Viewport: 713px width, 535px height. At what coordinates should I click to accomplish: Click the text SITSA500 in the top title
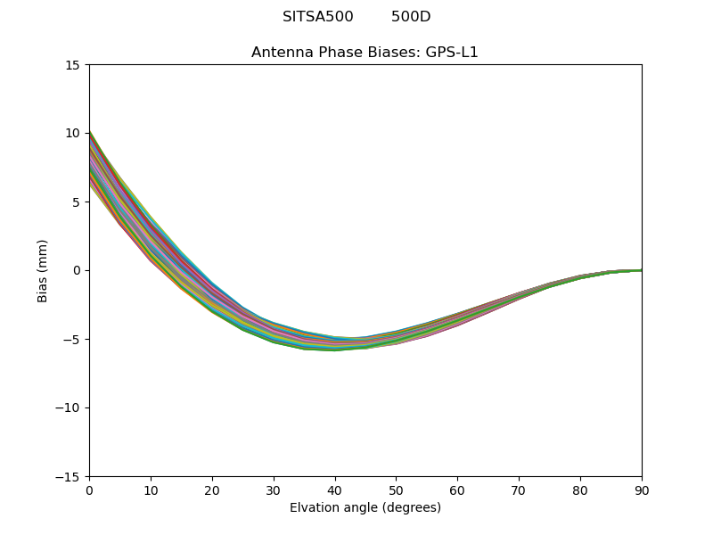tap(318, 17)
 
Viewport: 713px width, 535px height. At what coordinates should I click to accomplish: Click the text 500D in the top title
tap(411, 17)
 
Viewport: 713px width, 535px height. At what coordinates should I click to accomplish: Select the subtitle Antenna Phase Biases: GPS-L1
tap(365, 53)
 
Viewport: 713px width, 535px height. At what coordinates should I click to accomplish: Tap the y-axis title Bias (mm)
tap(43, 270)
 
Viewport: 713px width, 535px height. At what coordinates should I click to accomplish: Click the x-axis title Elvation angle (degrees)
tap(365, 508)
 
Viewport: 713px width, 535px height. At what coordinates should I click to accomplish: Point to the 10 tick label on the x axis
tap(151, 490)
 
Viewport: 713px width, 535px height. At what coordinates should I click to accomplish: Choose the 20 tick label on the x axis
tap(212, 490)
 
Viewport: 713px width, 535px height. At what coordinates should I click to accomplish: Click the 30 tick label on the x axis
tap(274, 490)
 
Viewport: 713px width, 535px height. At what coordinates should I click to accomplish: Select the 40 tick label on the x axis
tap(335, 490)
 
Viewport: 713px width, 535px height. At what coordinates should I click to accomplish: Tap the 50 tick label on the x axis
tap(396, 490)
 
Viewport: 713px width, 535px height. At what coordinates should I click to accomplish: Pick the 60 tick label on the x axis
tap(457, 490)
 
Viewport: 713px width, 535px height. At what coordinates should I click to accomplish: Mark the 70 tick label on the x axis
tap(519, 490)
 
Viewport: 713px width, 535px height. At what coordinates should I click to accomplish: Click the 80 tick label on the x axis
tap(580, 490)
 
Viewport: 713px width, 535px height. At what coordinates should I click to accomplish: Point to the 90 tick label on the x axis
tap(642, 490)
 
